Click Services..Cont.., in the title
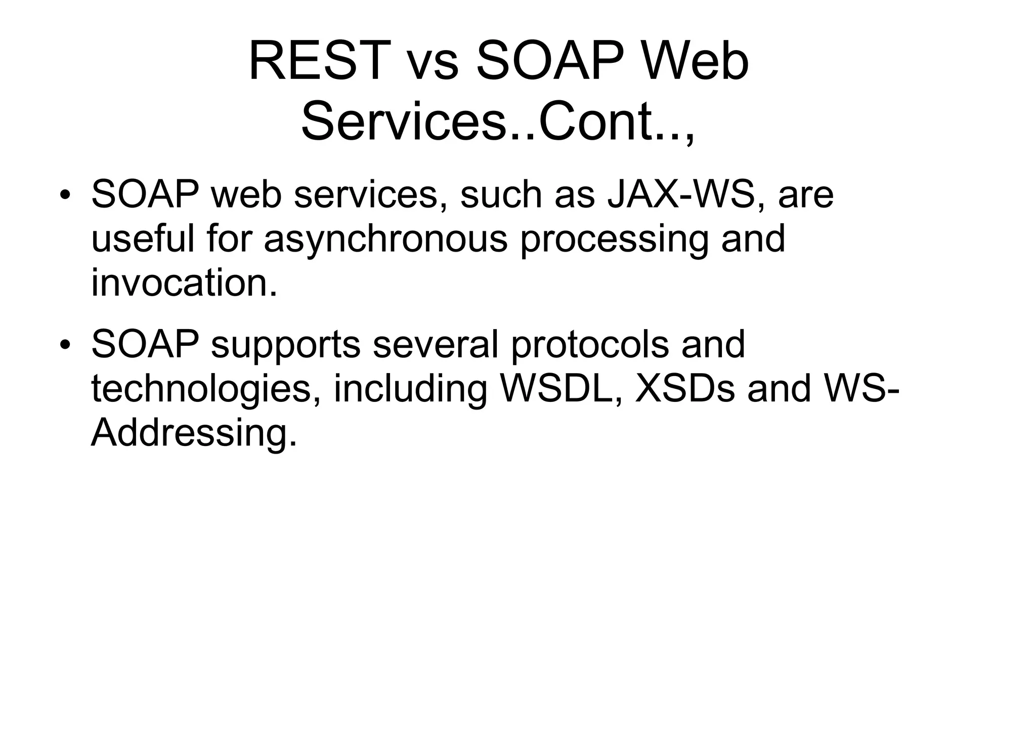tap(498, 123)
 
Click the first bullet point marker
tap(64, 195)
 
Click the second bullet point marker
tap(64, 345)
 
